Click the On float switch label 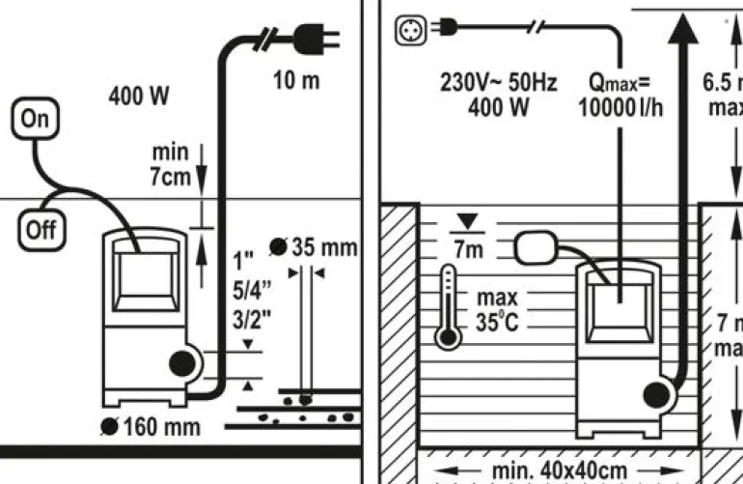[x=34, y=119]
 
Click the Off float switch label [x=40, y=230]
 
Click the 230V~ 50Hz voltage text [x=498, y=83]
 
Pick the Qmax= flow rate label [x=620, y=83]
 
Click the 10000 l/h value [x=620, y=107]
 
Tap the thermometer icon [x=447, y=307]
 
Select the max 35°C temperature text [x=497, y=309]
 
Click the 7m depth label [x=470, y=249]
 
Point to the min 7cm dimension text [x=170, y=164]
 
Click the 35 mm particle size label [x=322, y=247]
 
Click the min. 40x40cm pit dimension [x=557, y=470]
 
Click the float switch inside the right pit [x=543, y=250]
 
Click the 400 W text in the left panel [x=139, y=96]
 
